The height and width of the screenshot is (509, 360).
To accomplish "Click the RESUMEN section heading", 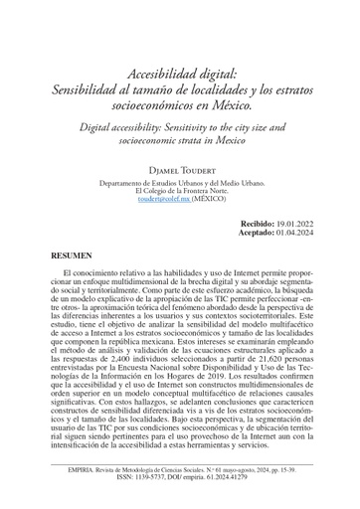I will (73, 254).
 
